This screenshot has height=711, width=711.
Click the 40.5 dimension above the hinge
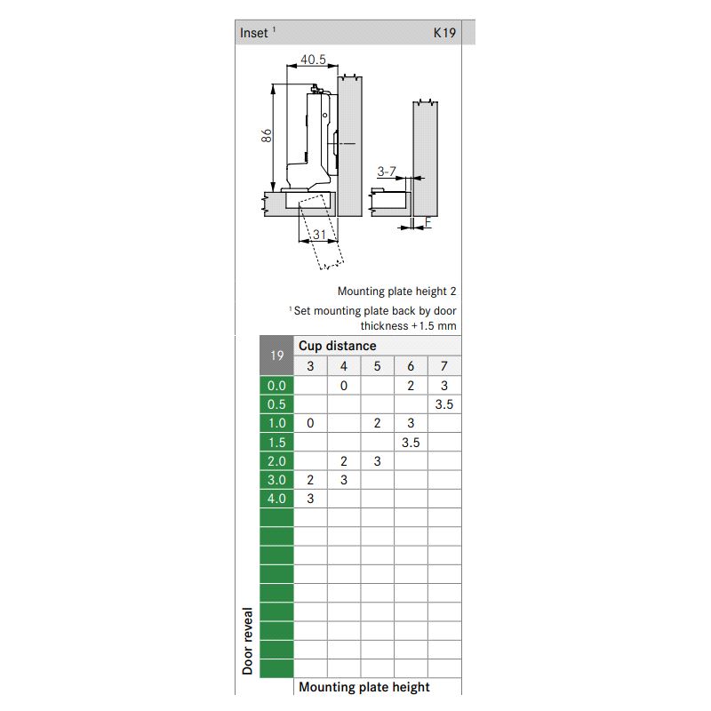pyautogui.click(x=313, y=60)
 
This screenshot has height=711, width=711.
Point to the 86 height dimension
pyautogui.click(x=267, y=136)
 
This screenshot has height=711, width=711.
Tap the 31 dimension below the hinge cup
pyautogui.click(x=319, y=235)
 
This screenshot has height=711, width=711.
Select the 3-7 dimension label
pyautogui.click(x=387, y=172)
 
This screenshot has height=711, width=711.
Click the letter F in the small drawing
pyautogui.click(x=427, y=222)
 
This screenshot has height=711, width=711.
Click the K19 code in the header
pyautogui.click(x=444, y=33)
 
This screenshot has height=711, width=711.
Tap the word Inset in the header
pyautogui.click(x=254, y=33)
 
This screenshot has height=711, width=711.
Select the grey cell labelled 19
pyautogui.click(x=276, y=355)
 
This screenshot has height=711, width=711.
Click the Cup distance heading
pyautogui.click(x=338, y=346)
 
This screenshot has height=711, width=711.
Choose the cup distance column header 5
pyautogui.click(x=377, y=366)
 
